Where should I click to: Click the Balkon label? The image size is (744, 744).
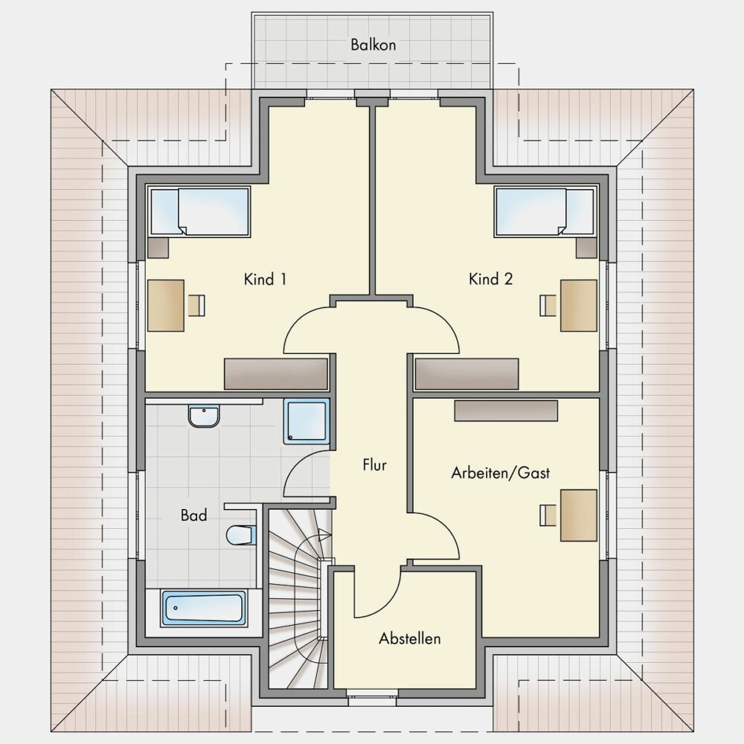tap(373, 45)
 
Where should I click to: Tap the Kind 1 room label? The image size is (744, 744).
tap(265, 279)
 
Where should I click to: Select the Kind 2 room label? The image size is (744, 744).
tap(490, 278)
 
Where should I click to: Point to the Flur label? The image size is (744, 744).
tap(374, 464)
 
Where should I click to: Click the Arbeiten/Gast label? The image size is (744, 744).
tap(500, 472)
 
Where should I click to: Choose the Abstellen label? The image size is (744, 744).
tap(409, 638)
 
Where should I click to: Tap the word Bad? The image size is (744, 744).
tap(193, 515)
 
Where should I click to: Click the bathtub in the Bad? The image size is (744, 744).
tap(204, 608)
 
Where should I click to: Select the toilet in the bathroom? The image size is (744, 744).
tap(242, 535)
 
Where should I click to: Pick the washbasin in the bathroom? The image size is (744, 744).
tap(204, 416)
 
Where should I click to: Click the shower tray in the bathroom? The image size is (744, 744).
tap(307, 421)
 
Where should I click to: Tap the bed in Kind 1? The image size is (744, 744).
tap(199, 211)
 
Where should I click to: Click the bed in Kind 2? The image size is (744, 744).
tap(545, 211)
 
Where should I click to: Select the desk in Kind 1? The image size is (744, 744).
tap(166, 306)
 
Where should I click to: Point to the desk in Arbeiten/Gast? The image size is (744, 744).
tap(578, 516)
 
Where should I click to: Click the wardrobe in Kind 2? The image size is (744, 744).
tap(467, 374)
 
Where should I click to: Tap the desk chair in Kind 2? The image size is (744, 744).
tap(548, 305)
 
